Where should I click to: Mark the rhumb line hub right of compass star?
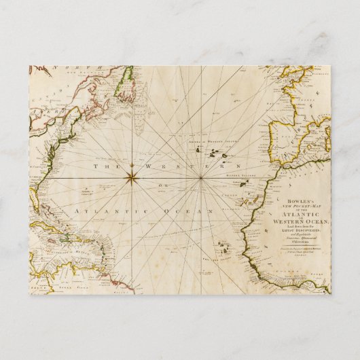click(x=202, y=178)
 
